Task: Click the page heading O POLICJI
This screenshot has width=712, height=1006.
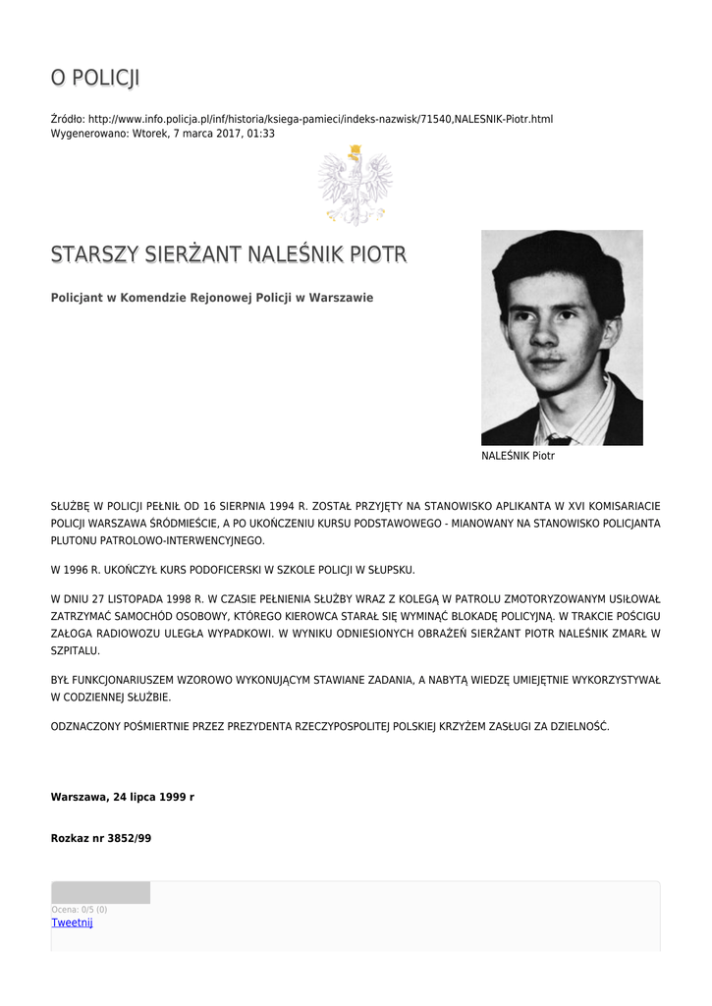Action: click(x=95, y=78)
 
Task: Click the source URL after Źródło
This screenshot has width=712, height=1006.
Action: click(x=320, y=119)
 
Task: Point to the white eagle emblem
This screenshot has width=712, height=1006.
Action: click(x=355, y=185)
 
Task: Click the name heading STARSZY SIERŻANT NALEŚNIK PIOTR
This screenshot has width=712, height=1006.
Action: click(x=229, y=255)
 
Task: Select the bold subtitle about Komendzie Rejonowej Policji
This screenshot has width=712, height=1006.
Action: click(x=212, y=298)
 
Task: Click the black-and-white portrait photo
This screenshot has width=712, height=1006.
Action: click(x=562, y=337)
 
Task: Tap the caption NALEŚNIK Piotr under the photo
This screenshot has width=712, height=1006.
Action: click(x=518, y=457)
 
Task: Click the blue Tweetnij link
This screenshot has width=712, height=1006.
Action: click(x=72, y=922)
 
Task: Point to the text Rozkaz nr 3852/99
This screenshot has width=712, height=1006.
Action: click(x=101, y=838)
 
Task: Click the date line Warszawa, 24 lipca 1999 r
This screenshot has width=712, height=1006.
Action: click(x=123, y=797)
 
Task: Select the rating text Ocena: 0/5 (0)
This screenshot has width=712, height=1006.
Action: click(x=80, y=910)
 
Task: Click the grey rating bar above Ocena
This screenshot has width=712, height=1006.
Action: click(x=100, y=892)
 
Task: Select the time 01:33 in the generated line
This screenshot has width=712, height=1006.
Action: click(x=261, y=133)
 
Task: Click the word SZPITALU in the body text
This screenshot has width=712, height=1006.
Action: click(x=75, y=650)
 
